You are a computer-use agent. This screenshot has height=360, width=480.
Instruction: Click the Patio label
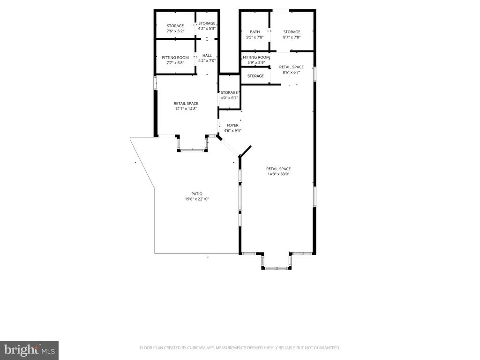pyautogui.click(x=197, y=194)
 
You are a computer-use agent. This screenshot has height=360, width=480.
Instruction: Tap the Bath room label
pyautogui.click(x=255, y=32)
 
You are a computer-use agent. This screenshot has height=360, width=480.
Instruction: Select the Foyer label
pyautogui.click(x=232, y=125)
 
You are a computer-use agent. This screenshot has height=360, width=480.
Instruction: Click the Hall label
pyautogui.click(x=207, y=55)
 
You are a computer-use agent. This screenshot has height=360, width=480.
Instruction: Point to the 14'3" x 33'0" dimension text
pyautogui.click(x=278, y=174)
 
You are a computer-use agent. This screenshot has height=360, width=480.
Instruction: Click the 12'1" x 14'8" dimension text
pyautogui.click(x=186, y=109)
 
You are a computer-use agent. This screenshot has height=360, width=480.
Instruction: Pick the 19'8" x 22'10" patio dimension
pyautogui.click(x=197, y=199)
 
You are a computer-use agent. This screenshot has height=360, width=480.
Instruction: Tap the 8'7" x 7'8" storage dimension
pyautogui.click(x=292, y=37)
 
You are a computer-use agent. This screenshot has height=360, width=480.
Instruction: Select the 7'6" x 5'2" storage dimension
pyautogui.click(x=175, y=31)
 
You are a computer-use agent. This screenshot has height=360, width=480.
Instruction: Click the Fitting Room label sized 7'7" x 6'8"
pyautogui.click(x=175, y=58)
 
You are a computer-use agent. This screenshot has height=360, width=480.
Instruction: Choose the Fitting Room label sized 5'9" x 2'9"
pyautogui.click(x=256, y=57)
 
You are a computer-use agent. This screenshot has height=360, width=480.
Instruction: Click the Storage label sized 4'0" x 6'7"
pyautogui.click(x=229, y=92)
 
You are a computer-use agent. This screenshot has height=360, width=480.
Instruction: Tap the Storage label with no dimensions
pyautogui.click(x=255, y=76)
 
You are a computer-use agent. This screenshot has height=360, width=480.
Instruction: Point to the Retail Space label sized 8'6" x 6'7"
pyautogui.click(x=291, y=67)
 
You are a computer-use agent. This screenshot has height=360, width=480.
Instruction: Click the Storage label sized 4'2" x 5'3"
pyautogui.click(x=207, y=23)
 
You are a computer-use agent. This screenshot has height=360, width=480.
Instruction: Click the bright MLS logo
pyautogui.click(x=30, y=350)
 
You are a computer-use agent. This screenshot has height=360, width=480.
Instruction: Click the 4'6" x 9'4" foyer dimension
pyautogui.click(x=232, y=131)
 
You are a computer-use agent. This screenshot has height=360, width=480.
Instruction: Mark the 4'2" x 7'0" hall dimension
pyautogui.click(x=207, y=60)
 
